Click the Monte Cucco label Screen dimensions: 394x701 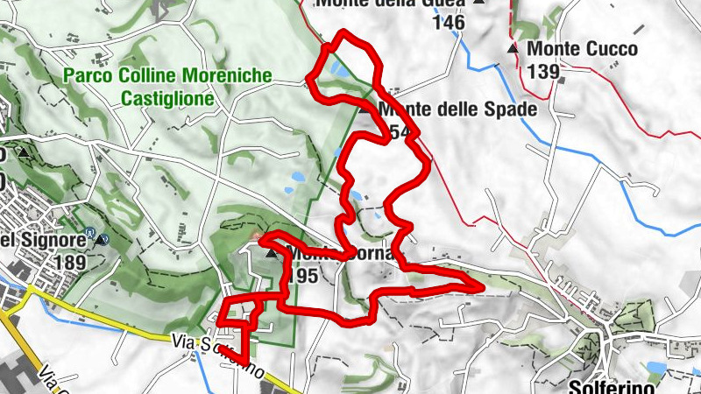click(x=583, y=49)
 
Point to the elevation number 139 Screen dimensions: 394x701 click(x=544, y=71)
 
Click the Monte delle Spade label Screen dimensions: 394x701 click(x=456, y=110)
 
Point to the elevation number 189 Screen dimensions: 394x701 click(x=69, y=263)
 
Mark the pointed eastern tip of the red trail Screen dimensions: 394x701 click(x=481, y=285)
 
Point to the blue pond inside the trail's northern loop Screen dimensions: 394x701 click(x=336, y=67)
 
